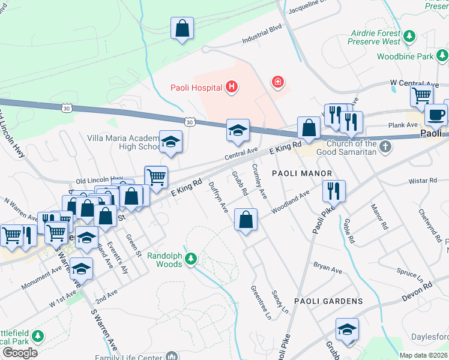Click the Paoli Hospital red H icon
pos(231,88)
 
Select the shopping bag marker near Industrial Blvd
pos(182,28)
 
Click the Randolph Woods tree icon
pos(191,259)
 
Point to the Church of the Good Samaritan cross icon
pos(385,146)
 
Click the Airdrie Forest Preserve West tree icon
pos(410,35)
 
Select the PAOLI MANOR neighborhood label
pos(302,173)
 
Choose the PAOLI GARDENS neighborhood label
pos(328,301)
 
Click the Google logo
pos(20,353)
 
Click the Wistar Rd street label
pos(424,180)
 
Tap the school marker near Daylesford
pos(347,331)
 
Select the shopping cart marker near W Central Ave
pos(422,95)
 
